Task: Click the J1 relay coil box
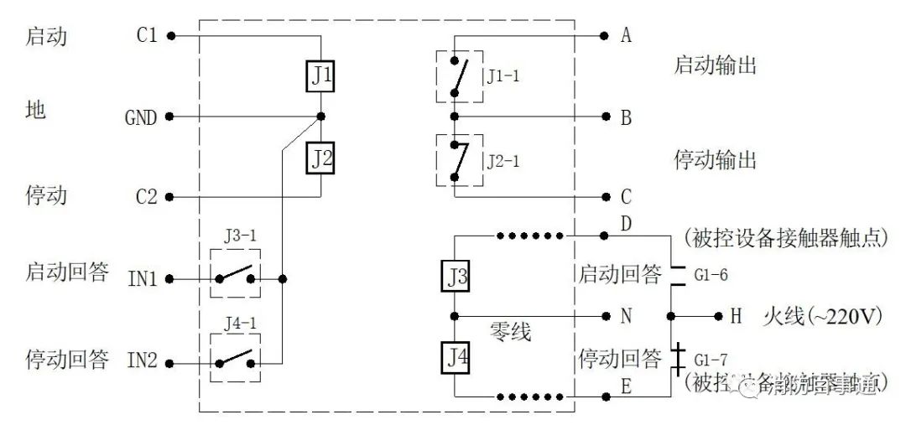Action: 321,77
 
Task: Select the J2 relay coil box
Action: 321,157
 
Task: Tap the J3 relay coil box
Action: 454,276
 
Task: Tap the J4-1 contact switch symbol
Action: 234,360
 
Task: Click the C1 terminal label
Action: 146,36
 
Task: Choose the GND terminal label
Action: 140,117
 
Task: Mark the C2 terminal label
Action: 146,198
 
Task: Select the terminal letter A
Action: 626,36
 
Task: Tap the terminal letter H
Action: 736,316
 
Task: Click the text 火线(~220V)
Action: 821,316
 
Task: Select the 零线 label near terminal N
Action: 510,333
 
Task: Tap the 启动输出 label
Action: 715,65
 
